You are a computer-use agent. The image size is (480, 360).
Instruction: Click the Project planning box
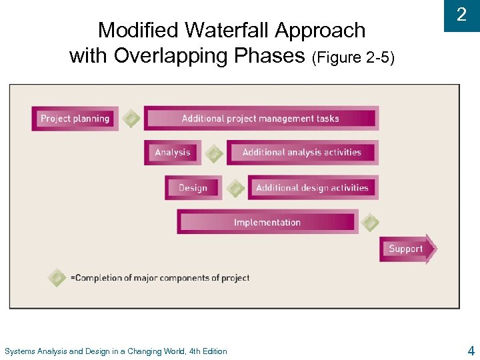click(75, 119)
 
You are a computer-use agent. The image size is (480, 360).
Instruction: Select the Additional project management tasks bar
click(261, 119)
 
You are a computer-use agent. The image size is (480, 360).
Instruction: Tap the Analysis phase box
click(172, 153)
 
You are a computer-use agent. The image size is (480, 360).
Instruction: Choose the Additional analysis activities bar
click(302, 153)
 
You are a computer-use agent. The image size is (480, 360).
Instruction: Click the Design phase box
click(193, 188)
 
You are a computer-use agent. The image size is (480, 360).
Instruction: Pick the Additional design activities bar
click(312, 188)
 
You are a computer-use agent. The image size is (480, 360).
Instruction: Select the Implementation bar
click(267, 222)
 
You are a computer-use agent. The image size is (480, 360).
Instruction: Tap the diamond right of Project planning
click(132, 119)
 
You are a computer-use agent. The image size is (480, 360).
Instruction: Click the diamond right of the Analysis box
click(214, 153)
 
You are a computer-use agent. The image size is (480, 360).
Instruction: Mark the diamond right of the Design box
click(235, 188)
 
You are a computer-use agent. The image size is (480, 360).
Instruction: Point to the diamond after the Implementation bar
click(370, 223)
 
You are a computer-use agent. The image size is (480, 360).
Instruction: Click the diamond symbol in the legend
click(57, 277)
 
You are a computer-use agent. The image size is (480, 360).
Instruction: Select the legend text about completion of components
click(160, 278)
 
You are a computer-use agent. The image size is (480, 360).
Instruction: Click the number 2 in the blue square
click(461, 15)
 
